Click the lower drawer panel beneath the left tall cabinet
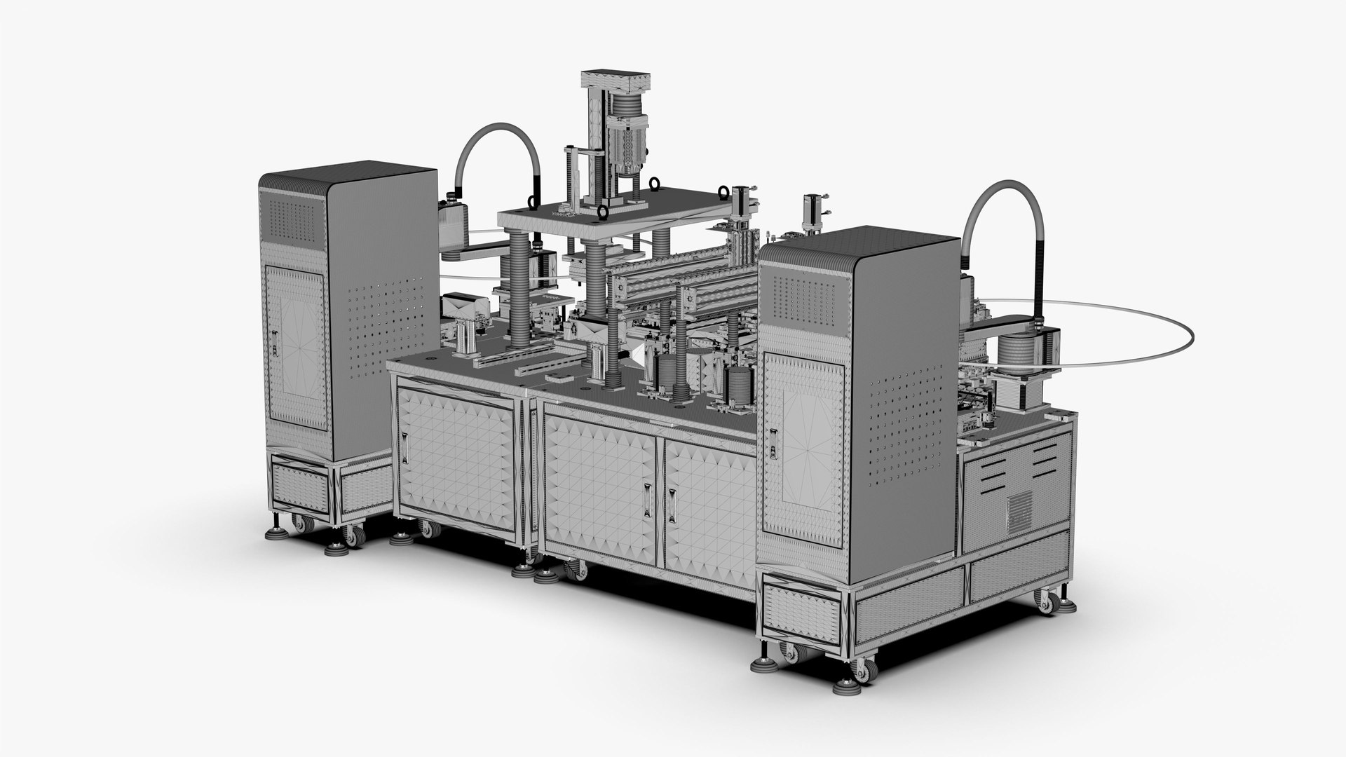click(300, 486)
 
